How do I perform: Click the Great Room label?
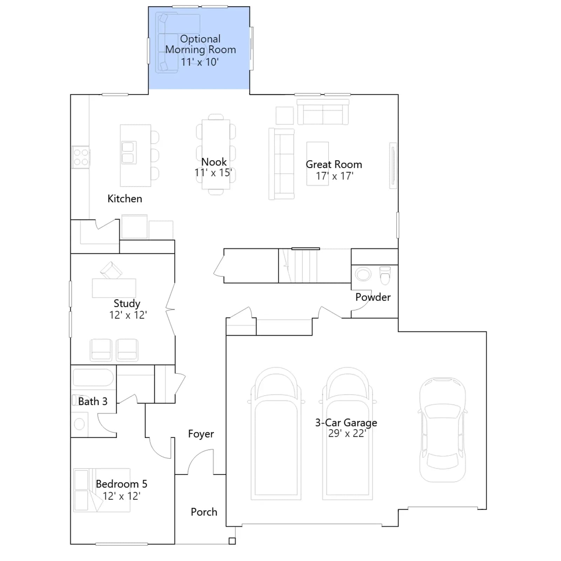(x=334, y=164)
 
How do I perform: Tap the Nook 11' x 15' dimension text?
(x=213, y=173)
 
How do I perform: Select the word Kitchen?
(x=125, y=199)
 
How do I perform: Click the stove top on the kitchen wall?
(x=81, y=157)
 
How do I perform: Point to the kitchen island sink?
(x=128, y=153)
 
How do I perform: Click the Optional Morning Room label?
(x=201, y=44)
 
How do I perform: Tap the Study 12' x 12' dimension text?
(x=128, y=315)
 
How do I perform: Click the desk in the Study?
(x=114, y=288)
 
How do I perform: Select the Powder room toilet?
(x=385, y=276)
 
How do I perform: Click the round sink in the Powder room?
(x=363, y=274)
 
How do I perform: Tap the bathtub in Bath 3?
(x=93, y=377)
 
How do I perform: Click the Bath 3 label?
(x=93, y=401)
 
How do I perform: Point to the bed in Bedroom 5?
(x=102, y=490)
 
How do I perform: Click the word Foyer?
(x=201, y=434)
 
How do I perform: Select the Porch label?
(x=204, y=512)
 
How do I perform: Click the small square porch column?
(x=232, y=541)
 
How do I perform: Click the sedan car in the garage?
(x=443, y=430)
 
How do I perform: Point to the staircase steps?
(x=298, y=266)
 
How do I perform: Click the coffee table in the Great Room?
(x=318, y=163)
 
